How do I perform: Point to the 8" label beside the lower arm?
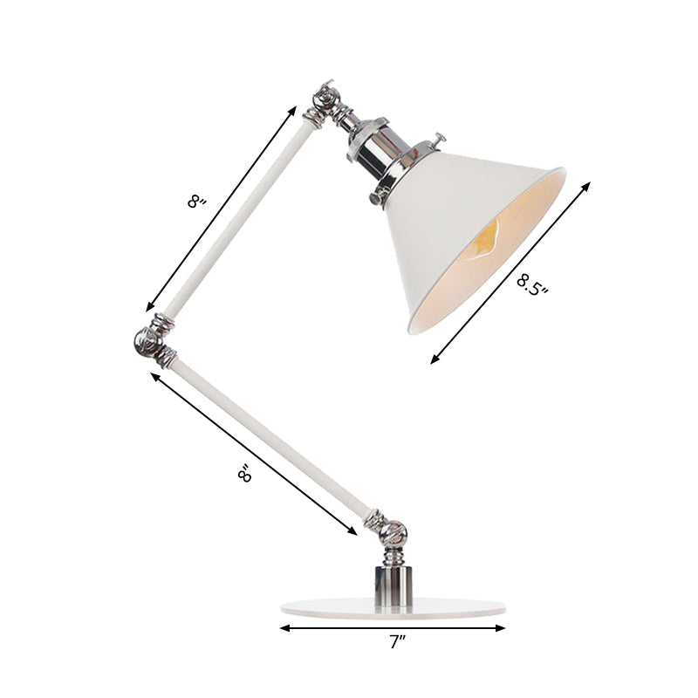(x=245, y=473)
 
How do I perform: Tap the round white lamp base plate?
(x=393, y=606)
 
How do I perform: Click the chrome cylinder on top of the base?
(x=393, y=580)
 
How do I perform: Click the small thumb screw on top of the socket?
(x=439, y=140)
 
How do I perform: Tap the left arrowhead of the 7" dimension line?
(x=284, y=627)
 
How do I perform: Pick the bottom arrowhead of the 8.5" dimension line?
(x=434, y=360)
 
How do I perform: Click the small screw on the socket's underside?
(x=380, y=186)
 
